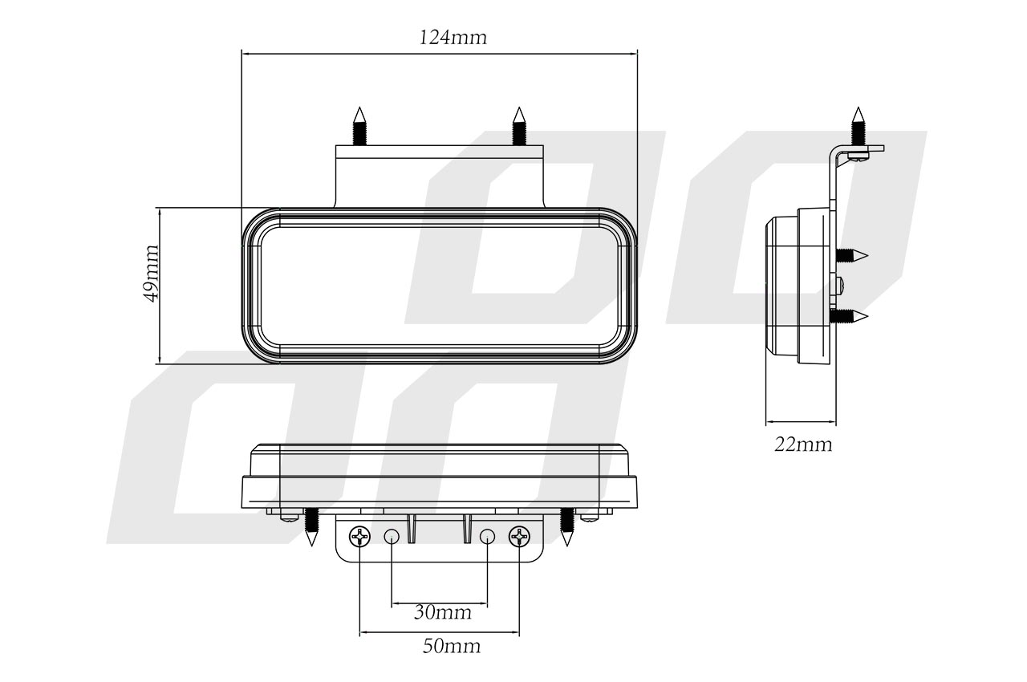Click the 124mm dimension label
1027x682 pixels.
pyautogui.click(x=453, y=37)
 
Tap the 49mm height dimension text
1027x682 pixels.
pyautogui.click(x=152, y=273)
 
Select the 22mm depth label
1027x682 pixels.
pyautogui.click(x=803, y=445)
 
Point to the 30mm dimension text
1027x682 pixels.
pyautogui.click(x=442, y=612)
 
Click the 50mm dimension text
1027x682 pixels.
pyautogui.click(x=452, y=646)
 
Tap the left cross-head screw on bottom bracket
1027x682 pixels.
pyautogui.click(x=360, y=536)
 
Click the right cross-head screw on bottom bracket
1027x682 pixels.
pyautogui.click(x=519, y=536)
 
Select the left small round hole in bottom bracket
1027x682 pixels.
pyautogui.click(x=392, y=536)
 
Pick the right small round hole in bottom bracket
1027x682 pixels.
pyautogui.click(x=487, y=536)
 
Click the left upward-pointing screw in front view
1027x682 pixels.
pyautogui.click(x=360, y=126)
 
